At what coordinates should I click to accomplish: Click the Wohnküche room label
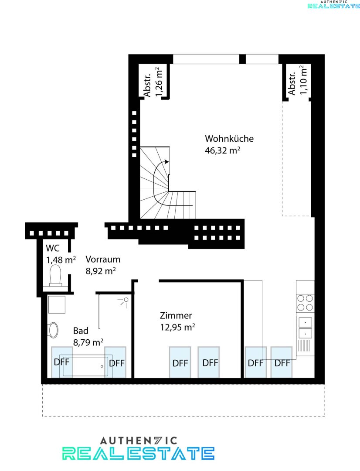pos(229,139)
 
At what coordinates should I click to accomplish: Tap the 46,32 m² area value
pos(223,150)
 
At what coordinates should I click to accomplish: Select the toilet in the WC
pos(55,276)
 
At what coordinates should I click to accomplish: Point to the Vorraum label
pos(103,259)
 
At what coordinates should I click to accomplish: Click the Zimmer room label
pos(176,315)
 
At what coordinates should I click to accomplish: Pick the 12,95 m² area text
pos(177,327)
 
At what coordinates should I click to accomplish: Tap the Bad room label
pos(81,331)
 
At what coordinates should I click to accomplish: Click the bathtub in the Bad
pos(85,366)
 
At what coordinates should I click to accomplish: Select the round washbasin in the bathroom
pos(54,330)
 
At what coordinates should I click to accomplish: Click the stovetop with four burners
pos(305,303)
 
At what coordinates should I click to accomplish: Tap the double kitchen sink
pos(305,328)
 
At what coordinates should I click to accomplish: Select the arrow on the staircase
pos(166,161)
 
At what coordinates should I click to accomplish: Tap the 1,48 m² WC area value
pos(61,260)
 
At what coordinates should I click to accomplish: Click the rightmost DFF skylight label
pos(282,363)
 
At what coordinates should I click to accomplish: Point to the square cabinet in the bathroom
pos(56,304)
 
